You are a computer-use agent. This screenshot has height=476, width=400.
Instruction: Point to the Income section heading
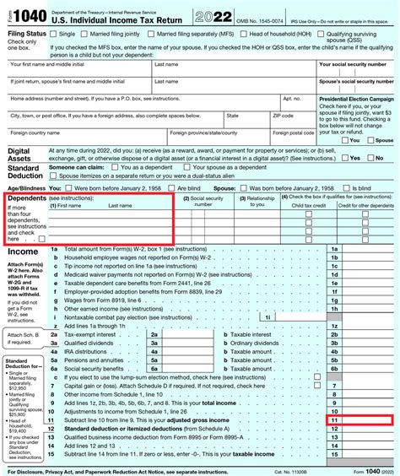tap(23, 252)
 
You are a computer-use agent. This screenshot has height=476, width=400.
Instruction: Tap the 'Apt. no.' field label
tap(291, 98)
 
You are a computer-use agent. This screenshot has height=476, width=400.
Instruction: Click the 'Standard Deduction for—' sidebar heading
tap(25, 364)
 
